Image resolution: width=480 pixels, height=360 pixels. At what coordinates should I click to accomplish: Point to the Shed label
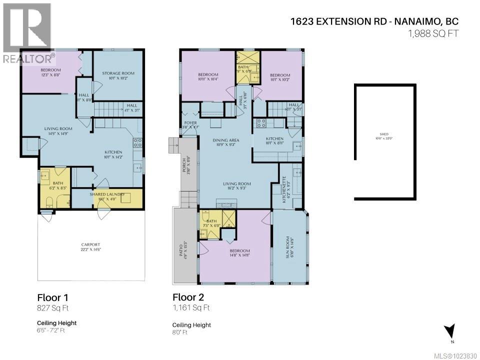tap(384, 136)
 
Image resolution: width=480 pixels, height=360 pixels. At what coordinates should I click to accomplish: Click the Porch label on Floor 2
tap(189, 165)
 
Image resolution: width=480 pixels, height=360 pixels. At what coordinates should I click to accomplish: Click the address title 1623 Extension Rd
tap(373, 21)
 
